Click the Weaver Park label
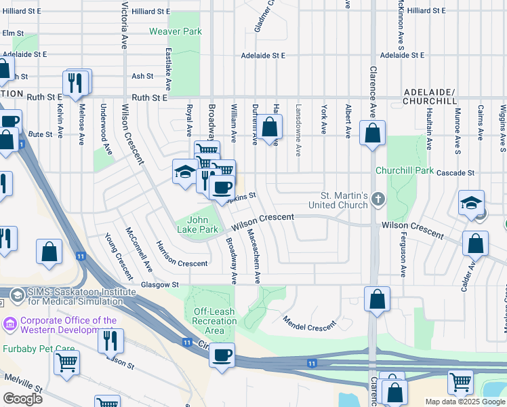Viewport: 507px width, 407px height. click(x=176, y=31)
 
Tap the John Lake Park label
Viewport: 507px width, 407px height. click(x=203, y=225)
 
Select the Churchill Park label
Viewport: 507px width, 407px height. click(x=405, y=170)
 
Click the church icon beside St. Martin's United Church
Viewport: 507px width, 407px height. click(x=378, y=199)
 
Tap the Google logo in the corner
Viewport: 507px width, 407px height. click(x=22, y=399)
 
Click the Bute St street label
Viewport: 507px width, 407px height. click(x=40, y=134)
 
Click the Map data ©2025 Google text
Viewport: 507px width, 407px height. click(x=465, y=402)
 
